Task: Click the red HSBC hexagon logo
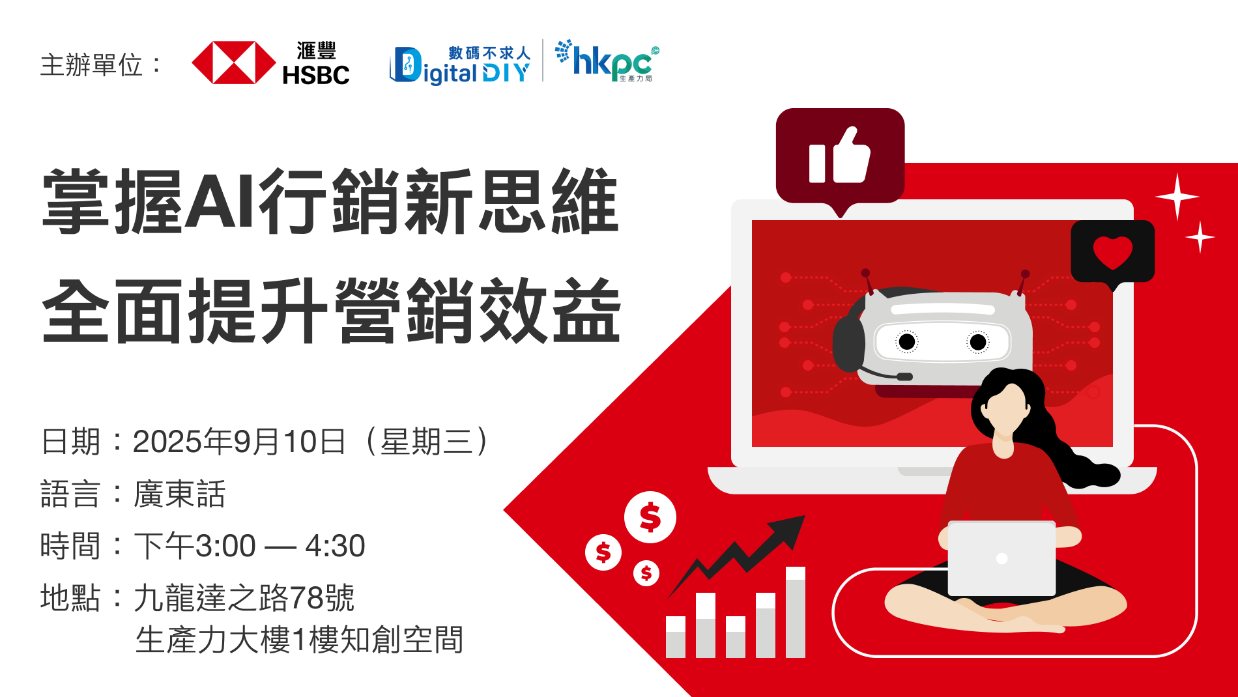(x=234, y=63)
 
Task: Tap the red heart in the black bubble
(x=1112, y=252)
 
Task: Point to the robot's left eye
(x=907, y=341)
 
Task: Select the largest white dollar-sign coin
(x=650, y=518)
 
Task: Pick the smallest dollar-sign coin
(x=646, y=573)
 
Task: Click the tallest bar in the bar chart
(x=795, y=612)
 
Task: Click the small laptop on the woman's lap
(x=1001, y=558)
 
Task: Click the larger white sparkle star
(x=1177, y=196)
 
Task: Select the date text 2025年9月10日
(x=239, y=442)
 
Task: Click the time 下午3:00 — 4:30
(x=250, y=546)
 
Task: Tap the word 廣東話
(x=180, y=494)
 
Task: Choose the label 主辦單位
(x=91, y=65)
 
